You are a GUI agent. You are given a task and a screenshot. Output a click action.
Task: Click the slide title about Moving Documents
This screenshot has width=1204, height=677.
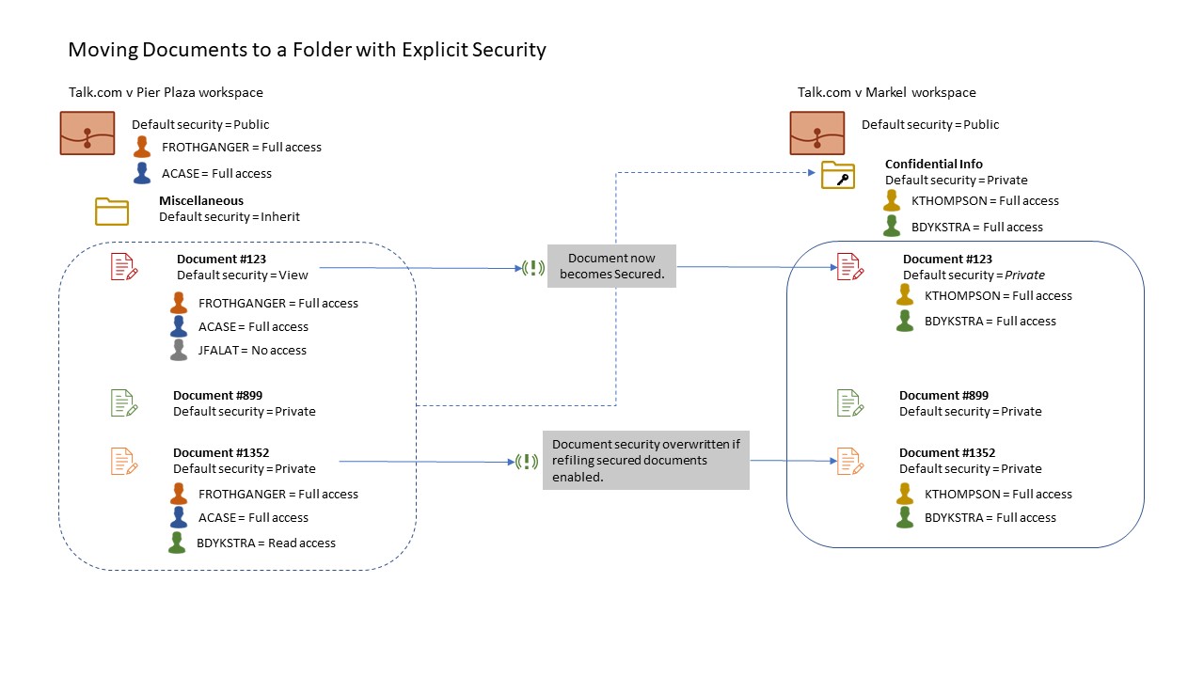click(x=308, y=50)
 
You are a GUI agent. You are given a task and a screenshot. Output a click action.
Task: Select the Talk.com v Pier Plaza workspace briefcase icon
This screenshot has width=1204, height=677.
click(x=87, y=133)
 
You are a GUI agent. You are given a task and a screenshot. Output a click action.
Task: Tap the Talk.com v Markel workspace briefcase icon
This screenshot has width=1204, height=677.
click(x=816, y=133)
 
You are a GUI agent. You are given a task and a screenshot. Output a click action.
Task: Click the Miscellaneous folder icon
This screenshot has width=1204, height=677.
click(x=112, y=212)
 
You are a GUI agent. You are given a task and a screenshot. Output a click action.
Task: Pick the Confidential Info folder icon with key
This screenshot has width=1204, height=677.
click(x=837, y=175)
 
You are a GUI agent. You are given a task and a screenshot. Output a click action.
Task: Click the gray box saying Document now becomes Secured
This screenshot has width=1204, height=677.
click(x=611, y=266)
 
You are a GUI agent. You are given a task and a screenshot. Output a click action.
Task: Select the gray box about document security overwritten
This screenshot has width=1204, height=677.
click(x=645, y=461)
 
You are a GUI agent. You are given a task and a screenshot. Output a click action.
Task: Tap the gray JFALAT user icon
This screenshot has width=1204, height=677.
click(x=179, y=350)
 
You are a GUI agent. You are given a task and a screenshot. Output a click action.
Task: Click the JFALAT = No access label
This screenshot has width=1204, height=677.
click(x=252, y=351)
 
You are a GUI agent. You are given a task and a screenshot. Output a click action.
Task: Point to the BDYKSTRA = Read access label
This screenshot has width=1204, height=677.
click(x=266, y=543)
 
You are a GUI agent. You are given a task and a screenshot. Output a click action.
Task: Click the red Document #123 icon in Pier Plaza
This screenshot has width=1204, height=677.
click(x=124, y=267)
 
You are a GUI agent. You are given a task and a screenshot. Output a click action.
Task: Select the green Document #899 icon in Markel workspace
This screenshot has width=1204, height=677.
click(x=850, y=403)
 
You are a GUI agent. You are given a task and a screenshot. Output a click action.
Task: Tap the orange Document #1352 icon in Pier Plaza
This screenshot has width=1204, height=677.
click(x=124, y=461)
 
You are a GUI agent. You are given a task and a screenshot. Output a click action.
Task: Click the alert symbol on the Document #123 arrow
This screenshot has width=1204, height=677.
click(x=533, y=268)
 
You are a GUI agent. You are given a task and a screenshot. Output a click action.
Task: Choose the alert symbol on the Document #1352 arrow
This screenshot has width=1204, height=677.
click(x=526, y=462)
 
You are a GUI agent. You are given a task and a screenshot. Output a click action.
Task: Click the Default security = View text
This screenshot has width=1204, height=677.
click(x=243, y=276)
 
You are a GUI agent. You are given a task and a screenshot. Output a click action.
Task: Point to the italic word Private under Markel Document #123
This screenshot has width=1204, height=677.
click(x=1024, y=276)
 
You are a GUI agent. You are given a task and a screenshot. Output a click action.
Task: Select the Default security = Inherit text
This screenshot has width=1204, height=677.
click(x=229, y=217)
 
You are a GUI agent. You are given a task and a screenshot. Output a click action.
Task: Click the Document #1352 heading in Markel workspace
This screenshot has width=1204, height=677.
click(x=946, y=452)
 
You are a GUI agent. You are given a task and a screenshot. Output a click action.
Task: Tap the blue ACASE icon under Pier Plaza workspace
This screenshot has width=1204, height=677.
click(x=142, y=173)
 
